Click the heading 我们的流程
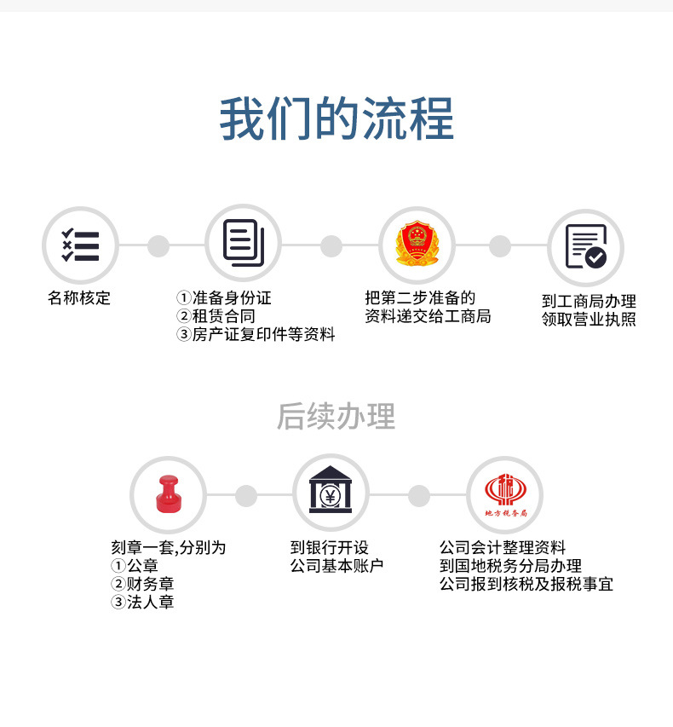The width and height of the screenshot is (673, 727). (336, 119)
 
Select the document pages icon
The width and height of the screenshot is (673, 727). (244, 243)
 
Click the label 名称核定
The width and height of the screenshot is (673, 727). (79, 298)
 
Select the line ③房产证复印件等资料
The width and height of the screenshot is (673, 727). (255, 335)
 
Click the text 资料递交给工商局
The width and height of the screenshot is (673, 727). (428, 316)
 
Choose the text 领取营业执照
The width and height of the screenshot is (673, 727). (589, 320)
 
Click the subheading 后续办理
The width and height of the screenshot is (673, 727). (336, 417)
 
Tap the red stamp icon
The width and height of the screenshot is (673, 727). (168, 493)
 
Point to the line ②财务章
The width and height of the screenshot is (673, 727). (142, 584)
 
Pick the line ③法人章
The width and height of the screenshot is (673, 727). (142, 603)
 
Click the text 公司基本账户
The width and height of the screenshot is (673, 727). (336, 566)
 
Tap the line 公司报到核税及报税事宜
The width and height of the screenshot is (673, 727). (526, 584)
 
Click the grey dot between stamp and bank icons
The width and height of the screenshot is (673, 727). (246, 495)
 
